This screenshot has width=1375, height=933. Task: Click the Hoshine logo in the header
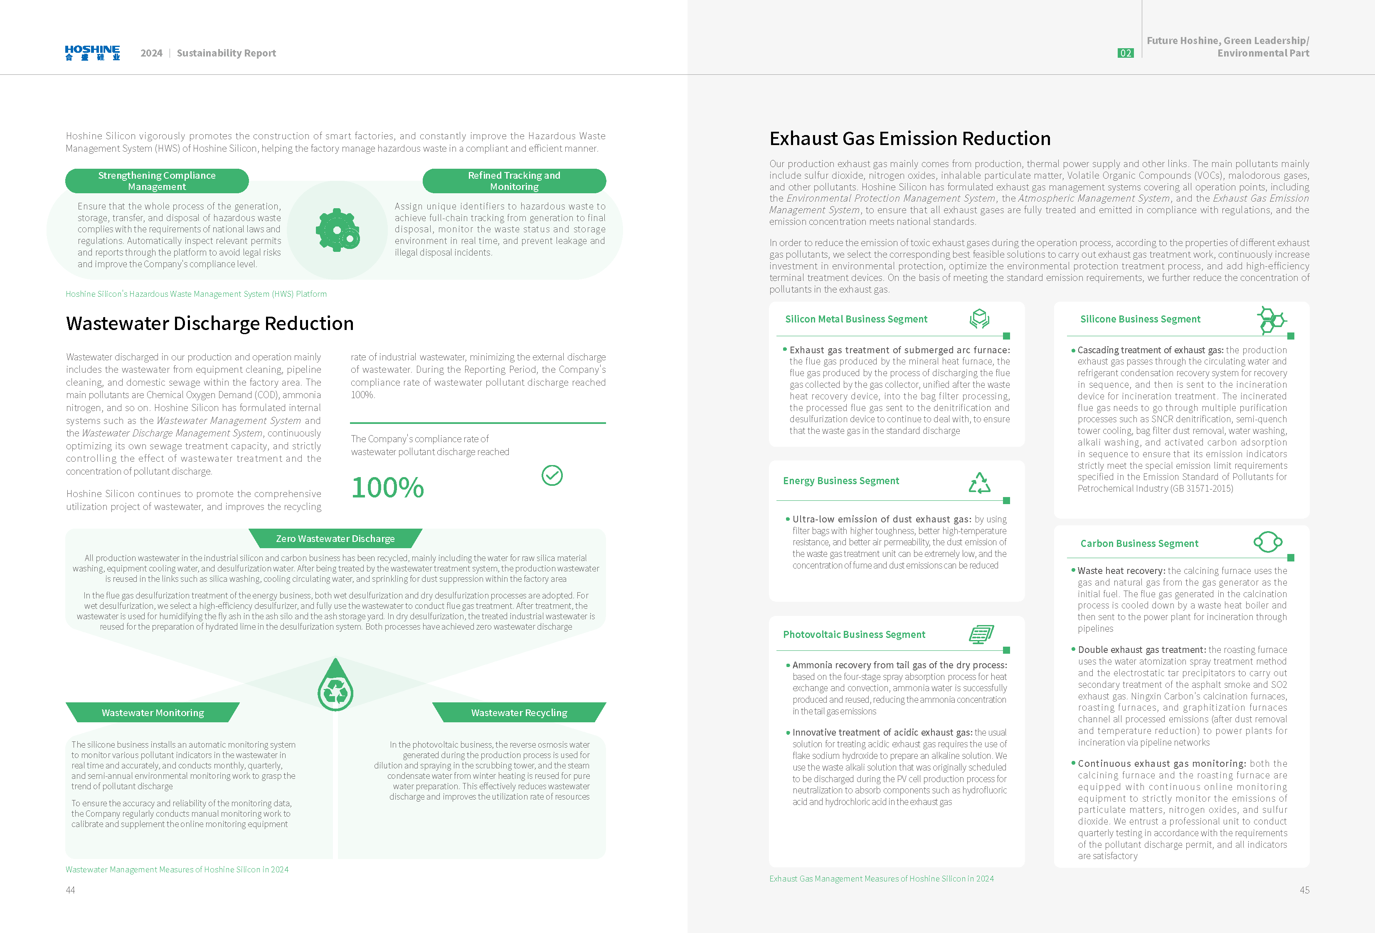tap(92, 53)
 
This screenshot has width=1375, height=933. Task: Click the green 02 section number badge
tap(1125, 53)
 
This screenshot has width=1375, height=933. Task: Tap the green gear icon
tap(337, 230)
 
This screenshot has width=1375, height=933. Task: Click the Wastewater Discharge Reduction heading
tap(209, 324)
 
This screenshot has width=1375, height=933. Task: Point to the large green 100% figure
tap(387, 487)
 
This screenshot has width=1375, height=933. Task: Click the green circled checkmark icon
tap(552, 475)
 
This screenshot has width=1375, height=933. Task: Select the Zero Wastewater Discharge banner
tap(335, 538)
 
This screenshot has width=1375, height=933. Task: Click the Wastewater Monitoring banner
tap(153, 713)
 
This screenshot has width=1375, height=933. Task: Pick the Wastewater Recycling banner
tap(519, 713)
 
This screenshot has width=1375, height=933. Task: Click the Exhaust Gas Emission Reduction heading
tap(909, 138)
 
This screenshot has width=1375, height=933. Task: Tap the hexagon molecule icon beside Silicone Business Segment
tap(1270, 320)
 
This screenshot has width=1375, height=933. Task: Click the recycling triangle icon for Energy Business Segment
tap(979, 483)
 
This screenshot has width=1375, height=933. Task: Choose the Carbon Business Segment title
tap(1139, 544)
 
